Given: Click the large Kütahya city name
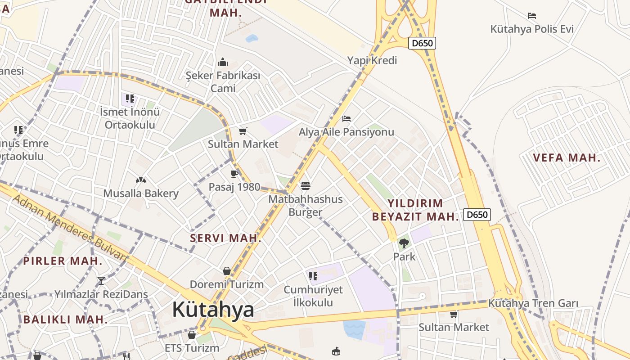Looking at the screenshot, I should (x=213, y=310).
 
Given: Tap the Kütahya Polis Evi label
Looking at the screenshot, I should (x=532, y=29).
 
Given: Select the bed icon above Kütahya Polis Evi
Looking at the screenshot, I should (x=532, y=16).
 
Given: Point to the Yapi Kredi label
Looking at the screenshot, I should (x=372, y=60).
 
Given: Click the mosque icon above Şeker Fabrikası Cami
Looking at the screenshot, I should (x=223, y=62).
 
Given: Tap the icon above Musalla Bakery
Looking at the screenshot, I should (x=141, y=180).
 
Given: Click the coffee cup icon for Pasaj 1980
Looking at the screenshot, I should (x=234, y=174).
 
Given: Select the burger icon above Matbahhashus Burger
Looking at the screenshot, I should (x=306, y=185).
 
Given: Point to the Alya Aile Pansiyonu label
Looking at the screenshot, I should (x=346, y=132).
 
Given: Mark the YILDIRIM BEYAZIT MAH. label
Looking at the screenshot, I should (x=415, y=210).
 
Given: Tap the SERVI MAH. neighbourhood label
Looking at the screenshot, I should (x=225, y=238).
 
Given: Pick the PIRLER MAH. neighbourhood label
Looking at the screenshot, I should (x=63, y=261).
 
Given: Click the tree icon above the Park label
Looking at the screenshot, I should (x=404, y=243).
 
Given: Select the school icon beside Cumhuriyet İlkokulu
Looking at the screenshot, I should (x=313, y=276).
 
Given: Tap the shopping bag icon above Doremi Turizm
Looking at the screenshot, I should (x=227, y=271).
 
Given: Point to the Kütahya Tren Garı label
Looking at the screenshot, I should (x=533, y=303).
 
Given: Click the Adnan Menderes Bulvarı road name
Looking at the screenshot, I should (x=70, y=228).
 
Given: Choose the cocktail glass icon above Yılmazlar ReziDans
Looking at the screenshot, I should (x=101, y=281).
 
